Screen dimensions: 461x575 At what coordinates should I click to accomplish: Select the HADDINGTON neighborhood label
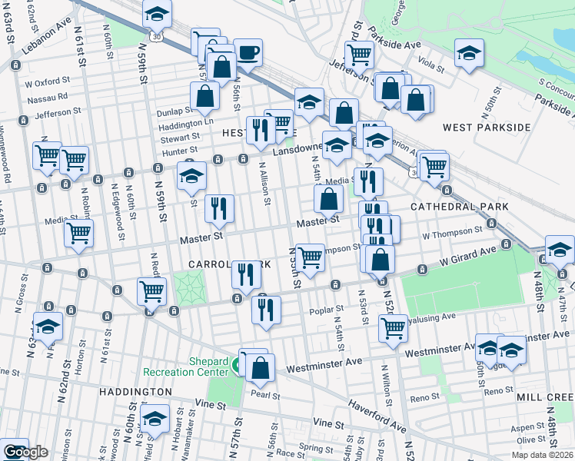click(x=135, y=392)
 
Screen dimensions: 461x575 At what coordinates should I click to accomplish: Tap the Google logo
click(x=25, y=453)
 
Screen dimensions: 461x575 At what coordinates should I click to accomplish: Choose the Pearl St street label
click(x=265, y=395)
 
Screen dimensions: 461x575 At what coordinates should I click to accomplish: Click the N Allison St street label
click(x=267, y=184)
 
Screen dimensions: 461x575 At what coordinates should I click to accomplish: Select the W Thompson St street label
click(x=451, y=229)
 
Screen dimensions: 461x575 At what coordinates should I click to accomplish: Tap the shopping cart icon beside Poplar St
click(x=393, y=327)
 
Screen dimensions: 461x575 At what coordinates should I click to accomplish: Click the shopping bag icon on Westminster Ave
click(x=261, y=368)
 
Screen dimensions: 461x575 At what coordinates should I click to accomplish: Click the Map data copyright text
click(x=543, y=454)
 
